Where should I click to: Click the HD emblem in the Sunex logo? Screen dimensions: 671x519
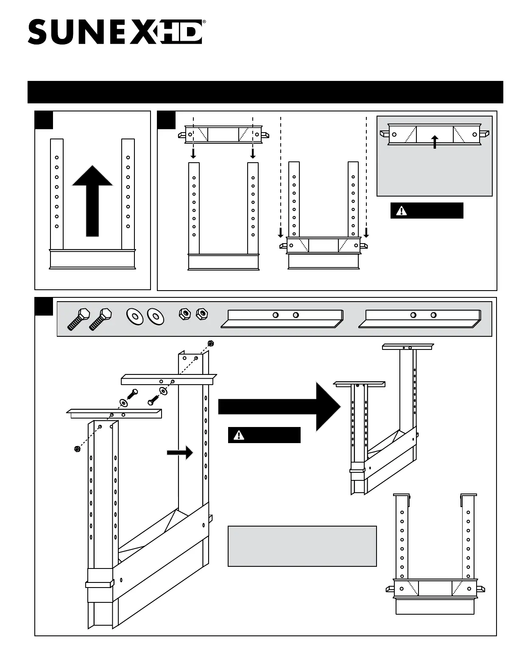(181, 32)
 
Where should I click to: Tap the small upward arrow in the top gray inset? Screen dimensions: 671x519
(435, 141)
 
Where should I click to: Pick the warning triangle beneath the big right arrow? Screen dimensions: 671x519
(239, 435)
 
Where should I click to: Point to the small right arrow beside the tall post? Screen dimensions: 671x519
(180, 453)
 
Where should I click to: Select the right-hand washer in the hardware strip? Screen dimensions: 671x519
(156, 316)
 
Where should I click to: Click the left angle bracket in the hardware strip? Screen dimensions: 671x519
(282, 319)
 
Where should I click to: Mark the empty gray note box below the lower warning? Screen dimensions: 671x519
(302, 546)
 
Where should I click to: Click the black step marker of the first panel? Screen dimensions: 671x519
(44, 120)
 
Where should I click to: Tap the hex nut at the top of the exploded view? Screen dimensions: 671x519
(209, 343)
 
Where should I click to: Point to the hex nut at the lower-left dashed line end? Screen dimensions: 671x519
(77, 449)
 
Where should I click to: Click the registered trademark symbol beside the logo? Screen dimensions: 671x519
(204, 21)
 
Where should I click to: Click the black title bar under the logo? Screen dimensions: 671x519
(265, 92)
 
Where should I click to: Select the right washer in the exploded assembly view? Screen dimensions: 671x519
(163, 391)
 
